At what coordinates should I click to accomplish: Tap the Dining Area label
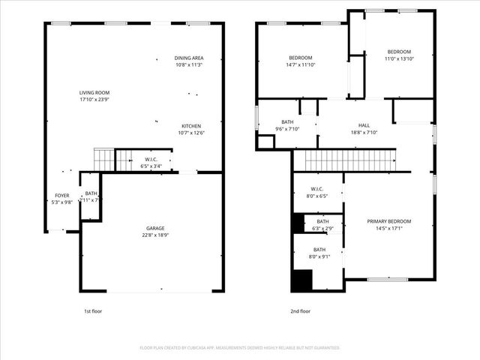pyautogui.click(x=189, y=58)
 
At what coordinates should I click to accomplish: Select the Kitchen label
pyautogui.click(x=191, y=125)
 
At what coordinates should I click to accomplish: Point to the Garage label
pyautogui.click(x=155, y=228)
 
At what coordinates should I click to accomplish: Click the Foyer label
pyautogui.click(x=61, y=195)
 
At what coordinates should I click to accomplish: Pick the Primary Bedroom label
pyautogui.click(x=389, y=221)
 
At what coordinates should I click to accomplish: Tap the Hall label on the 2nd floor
pyautogui.click(x=364, y=125)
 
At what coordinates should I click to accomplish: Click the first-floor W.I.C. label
pyautogui.click(x=151, y=159)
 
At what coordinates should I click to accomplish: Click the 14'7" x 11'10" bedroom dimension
pyautogui.click(x=301, y=65)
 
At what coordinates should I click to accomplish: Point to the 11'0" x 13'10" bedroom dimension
pyautogui.click(x=399, y=58)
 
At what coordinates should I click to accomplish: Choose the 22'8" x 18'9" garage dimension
pyautogui.click(x=155, y=235)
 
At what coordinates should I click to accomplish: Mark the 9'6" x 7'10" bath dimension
pyautogui.click(x=287, y=129)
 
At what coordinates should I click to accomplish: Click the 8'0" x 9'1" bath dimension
pyautogui.click(x=319, y=256)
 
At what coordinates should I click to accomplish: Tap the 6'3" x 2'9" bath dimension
pyautogui.click(x=322, y=228)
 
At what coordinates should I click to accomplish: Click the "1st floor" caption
pyautogui.click(x=93, y=310)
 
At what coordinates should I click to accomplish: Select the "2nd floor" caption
pyautogui.click(x=300, y=310)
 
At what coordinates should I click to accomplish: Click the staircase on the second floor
pyautogui.click(x=349, y=160)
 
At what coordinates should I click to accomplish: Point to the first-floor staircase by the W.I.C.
pyautogui.click(x=103, y=159)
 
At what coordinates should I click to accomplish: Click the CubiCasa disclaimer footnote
pyautogui.click(x=240, y=348)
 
